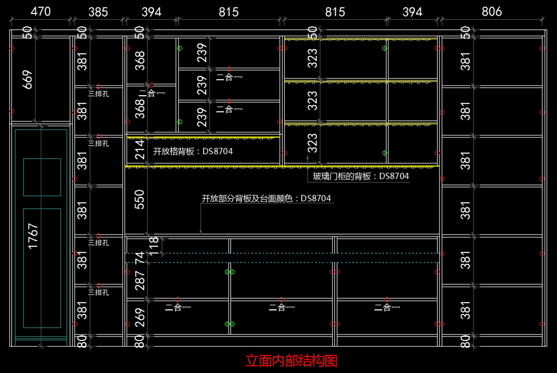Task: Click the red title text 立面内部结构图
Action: tap(291, 360)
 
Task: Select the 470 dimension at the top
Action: tap(41, 12)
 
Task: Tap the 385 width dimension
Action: tap(98, 12)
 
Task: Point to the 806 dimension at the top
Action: tap(492, 12)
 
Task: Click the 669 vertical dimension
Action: tap(27, 79)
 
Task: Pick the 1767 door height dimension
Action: tap(33, 236)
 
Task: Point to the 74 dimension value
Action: tap(140, 258)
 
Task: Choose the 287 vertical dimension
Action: tap(140, 281)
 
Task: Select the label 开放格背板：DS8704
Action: tap(193, 151)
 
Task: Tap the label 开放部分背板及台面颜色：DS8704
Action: tap(266, 198)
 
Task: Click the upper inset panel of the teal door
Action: tap(42, 177)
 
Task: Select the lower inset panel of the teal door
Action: tap(42, 268)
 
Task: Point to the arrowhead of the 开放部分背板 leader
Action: tap(201, 231)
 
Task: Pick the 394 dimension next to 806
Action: tap(412, 12)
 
